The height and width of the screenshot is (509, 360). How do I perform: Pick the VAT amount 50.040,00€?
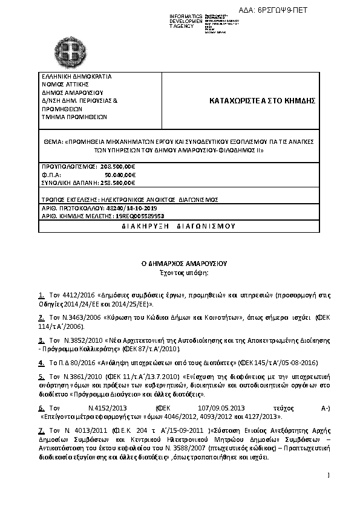(x=120, y=173)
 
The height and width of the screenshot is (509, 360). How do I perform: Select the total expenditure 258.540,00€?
(x=116, y=182)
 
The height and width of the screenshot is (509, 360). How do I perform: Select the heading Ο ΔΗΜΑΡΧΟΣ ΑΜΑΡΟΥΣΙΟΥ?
(x=180, y=264)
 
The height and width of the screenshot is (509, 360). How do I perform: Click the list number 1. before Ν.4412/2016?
(x=41, y=296)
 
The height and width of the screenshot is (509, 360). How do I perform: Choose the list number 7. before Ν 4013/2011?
(x=41, y=430)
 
